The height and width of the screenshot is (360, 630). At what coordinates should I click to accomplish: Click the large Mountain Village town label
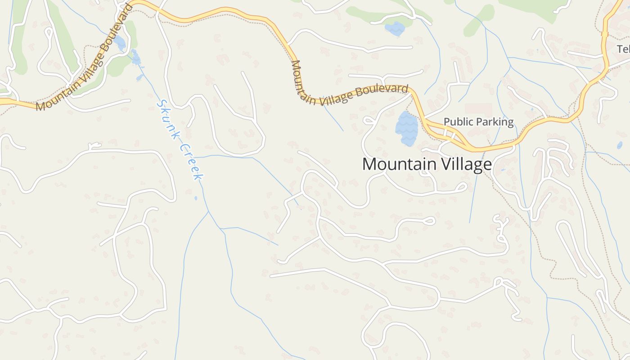pos(427,164)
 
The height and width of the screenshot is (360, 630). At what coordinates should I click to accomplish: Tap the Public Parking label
pos(478,122)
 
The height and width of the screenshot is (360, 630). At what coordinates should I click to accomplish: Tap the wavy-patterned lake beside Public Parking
pos(406,129)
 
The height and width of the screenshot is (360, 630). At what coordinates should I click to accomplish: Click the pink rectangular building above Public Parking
pos(478,108)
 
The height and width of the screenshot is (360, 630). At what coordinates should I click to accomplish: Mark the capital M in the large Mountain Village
pos(369,164)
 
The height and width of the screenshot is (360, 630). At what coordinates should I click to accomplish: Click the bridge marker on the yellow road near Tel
pos(604,33)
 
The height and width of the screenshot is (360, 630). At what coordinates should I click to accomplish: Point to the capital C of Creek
pos(183,147)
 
